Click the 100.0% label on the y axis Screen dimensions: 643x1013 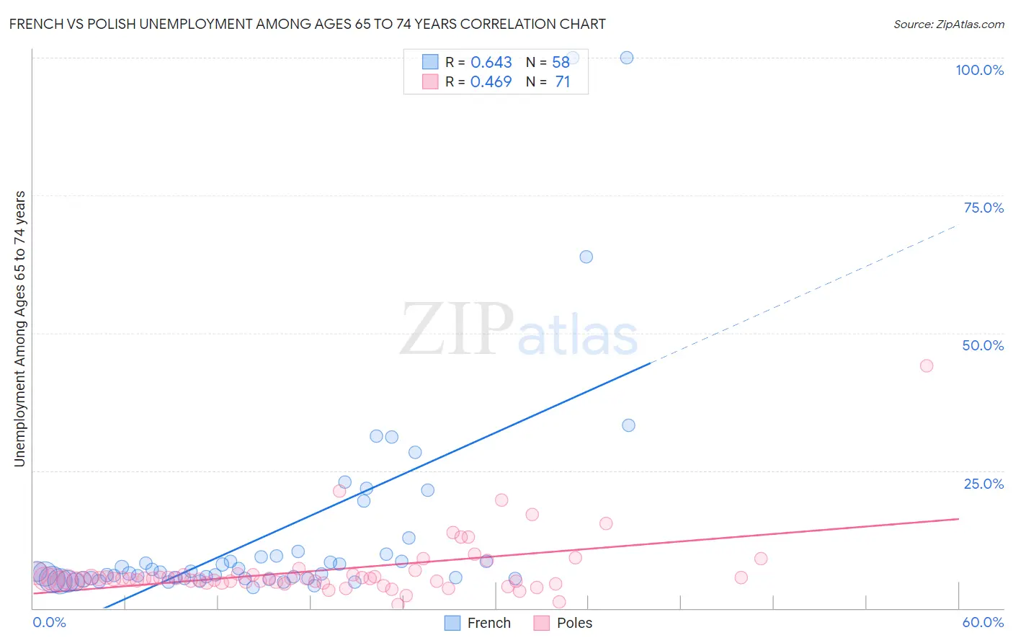tap(979, 70)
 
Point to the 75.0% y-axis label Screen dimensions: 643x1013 tap(983, 208)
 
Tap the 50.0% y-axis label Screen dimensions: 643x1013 tap(983, 345)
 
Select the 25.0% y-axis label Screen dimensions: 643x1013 tap(983, 484)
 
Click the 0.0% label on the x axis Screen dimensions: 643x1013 tap(49, 622)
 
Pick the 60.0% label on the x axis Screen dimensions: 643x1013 tap(983, 622)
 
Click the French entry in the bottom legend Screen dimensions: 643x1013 tap(488, 623)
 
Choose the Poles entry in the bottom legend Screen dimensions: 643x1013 tap(574, 623)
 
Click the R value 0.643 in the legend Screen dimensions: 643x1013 tap(491, 63)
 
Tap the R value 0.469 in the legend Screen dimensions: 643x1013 tap(491, 82)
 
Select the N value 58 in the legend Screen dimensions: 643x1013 tap(561, 63)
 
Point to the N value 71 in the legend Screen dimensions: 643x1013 tap(562, 82)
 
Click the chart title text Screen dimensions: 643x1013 tap(308, 24)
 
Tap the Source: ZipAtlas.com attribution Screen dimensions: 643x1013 tap(948, 24)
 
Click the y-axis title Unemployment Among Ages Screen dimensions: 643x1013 tap(19, 329)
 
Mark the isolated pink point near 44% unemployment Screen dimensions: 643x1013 tap(927, 365)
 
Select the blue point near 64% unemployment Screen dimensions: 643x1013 tap(586, 257)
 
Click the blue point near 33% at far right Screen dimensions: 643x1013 tap(628, 425)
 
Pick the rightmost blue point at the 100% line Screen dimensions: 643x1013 tap(627, 58)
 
